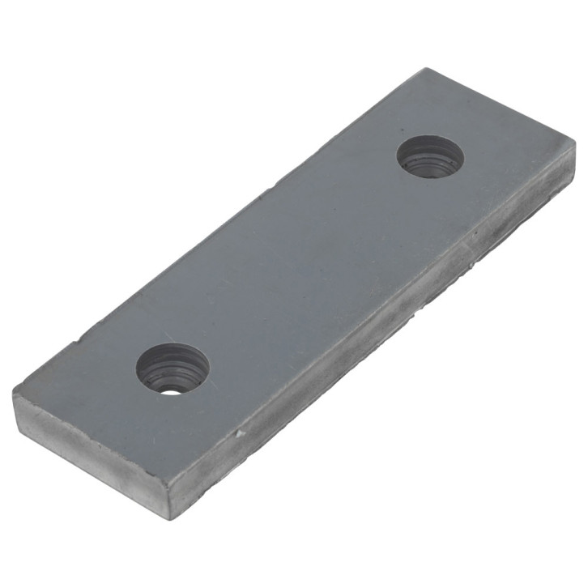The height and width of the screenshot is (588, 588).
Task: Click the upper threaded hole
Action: coord(430,156)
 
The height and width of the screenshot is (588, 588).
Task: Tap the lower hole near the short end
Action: coord(173,369)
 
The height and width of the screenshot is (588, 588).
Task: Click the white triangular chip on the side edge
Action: coord(239,435)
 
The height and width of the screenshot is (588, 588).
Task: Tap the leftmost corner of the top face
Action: coord(14,395)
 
